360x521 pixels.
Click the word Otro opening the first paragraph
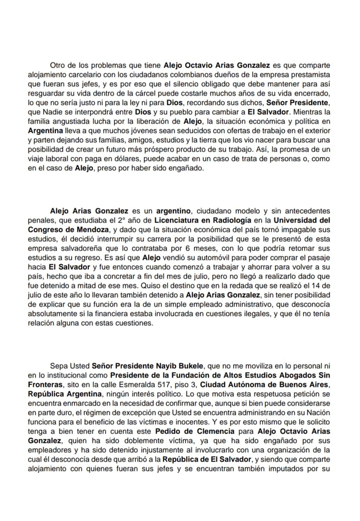pos(57,65)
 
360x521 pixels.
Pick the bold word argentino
pos(172,211)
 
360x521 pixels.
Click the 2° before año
pos(120,220)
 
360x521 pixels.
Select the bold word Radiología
pos(232,220)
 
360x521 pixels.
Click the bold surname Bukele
pos(188,366)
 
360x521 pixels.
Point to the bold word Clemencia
pos(215,431)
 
